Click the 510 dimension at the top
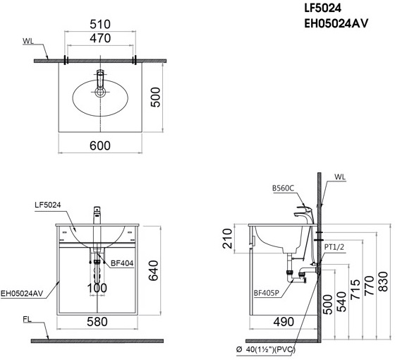[x=100, y=24]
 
